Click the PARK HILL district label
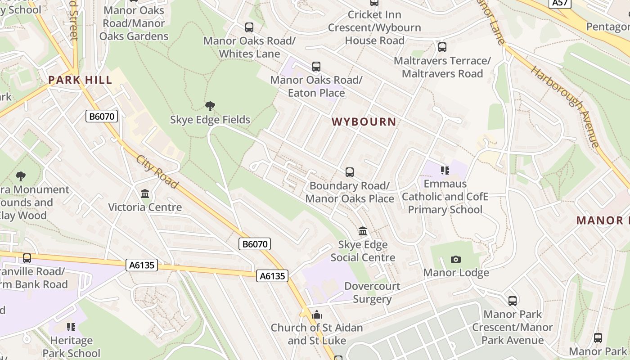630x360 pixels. (80, 80)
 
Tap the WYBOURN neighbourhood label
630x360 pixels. (364, 121)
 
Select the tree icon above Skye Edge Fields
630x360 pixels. (210, 106)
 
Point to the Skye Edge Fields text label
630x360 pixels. (210, 120)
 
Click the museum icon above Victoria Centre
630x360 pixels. (145, 194)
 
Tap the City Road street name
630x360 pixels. (157, 172)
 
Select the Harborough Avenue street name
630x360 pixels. (565, 107)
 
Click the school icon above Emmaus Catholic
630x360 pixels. (445, 170)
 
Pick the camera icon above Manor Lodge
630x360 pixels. (456, 259)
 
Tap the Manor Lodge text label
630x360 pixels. (456, 273)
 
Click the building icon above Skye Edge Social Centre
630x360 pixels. (363, 231)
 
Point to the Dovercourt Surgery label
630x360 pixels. (372, 292)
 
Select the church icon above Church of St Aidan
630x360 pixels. (317, 314)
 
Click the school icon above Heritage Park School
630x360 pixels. (71, 327)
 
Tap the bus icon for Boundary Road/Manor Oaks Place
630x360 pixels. (350, 172)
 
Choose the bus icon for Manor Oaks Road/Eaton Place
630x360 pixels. (316, 67)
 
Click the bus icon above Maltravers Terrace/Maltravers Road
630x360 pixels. (442, 47)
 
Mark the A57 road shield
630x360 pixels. (560, 3)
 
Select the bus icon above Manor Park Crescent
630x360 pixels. (513, 301)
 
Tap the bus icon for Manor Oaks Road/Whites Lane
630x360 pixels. (249, 27)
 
